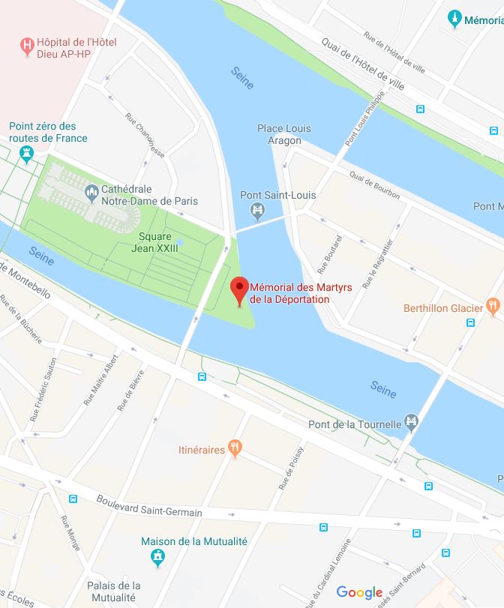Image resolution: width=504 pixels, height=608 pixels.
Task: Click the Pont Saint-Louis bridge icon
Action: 258,211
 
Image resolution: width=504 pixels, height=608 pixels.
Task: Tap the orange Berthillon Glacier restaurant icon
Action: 492,307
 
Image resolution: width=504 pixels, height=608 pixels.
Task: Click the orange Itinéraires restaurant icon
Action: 235,449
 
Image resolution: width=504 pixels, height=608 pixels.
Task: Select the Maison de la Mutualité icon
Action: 157,557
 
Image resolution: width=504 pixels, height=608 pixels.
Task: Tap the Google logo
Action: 359,592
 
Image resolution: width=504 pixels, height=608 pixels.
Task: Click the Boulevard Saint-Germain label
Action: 149,506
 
